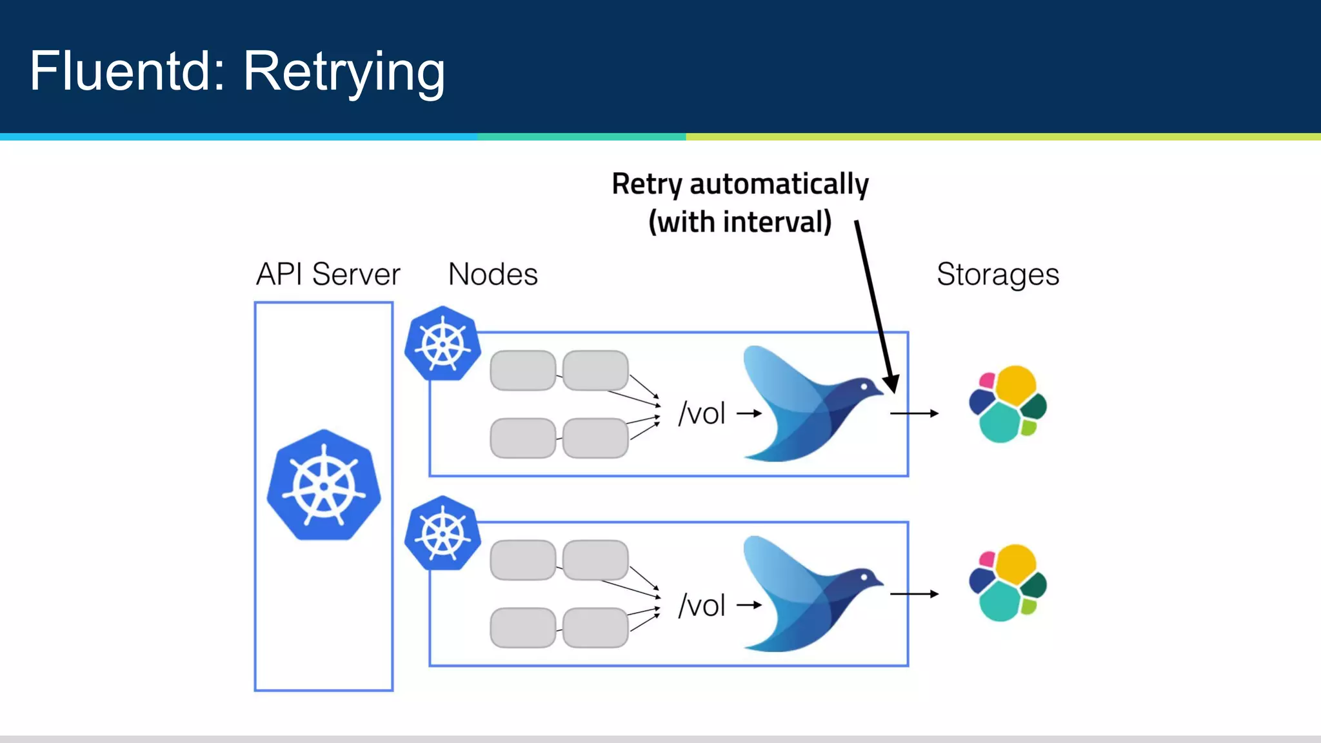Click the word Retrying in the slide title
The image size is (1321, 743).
click(x=344, y=72)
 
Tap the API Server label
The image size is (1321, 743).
click(x=328, y=274)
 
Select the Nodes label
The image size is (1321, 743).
click(x=493, y=274)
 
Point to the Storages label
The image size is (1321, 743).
click(x=997, y=274)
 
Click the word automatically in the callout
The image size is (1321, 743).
click(x=779, y=184)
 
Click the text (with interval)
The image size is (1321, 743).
click(x=740, y=222)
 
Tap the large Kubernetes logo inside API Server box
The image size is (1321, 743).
click(x=324, y=485)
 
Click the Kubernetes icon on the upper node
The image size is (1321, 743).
click(x=442, y=343)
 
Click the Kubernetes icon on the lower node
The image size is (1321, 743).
click(x=442, y=533)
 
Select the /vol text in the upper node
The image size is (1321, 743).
click(x=702, y=413)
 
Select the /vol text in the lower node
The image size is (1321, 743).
click(x=702, y=606)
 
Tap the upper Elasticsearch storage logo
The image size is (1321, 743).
click(x=1008, y=404)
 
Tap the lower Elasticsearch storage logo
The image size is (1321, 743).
click(x=1008, y=582)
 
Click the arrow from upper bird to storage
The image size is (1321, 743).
click(x=914, y=413)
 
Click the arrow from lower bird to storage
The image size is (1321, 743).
click(x=914, y=594)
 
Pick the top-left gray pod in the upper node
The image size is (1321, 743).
click(x=522, y=370)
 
